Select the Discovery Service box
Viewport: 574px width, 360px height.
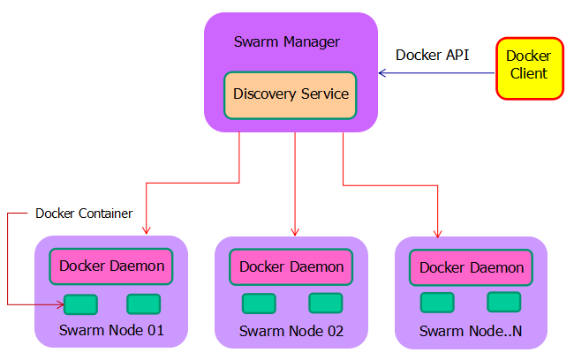tap(291, 94)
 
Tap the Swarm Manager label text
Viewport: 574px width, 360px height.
tap(287, 41)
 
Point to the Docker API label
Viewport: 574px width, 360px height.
tap(432, 55)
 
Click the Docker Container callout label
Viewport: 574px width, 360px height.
tap(84, 214)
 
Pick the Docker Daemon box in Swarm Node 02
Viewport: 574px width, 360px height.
tap(291, 266)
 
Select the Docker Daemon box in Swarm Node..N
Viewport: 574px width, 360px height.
tap(472, 267)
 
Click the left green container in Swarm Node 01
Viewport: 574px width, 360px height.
tap(80, 304)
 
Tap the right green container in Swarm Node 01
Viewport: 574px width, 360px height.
tap(143, 304)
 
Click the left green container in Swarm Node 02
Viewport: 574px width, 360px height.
tap(260, 304)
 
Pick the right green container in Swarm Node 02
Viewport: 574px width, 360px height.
tap(325, 304)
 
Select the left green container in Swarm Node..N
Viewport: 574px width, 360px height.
tap(437, 303)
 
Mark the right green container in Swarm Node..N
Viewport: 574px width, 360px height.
tap(503, 302)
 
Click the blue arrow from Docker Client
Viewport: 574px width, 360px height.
tap(433, 73)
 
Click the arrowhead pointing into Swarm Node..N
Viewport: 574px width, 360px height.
tap(438, 233)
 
